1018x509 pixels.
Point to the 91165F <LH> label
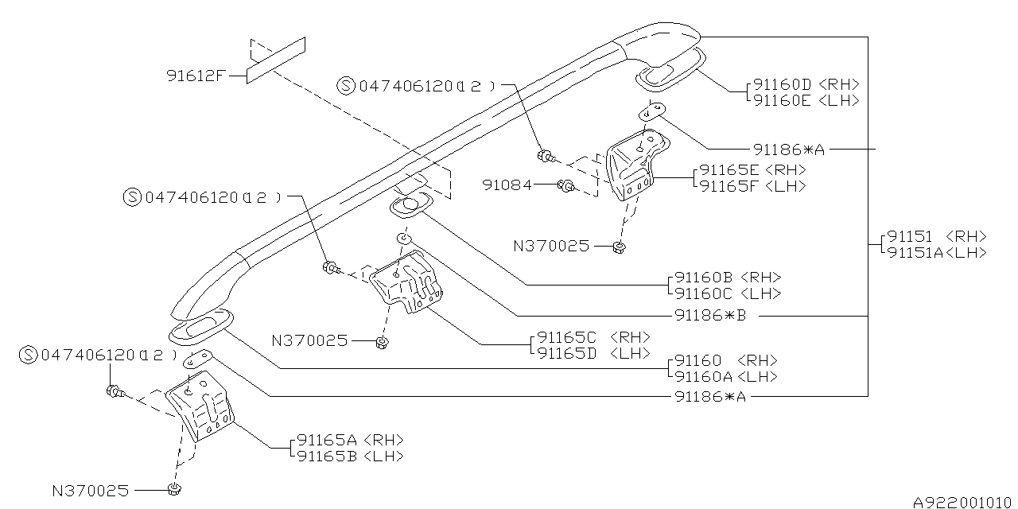tap(752, 186)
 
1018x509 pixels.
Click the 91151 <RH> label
tap(936, 236)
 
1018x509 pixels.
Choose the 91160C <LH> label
tap(727, 293)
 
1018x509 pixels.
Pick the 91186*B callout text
tap(710, 315)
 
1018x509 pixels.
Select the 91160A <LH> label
tap(725, 377)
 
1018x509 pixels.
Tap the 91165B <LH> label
tap(351, 456)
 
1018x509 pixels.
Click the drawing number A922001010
tap(963, 502)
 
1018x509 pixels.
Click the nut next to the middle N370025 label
tap(381, 343)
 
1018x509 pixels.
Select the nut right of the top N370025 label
tap(619, 247)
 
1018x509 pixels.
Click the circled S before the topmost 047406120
tap(346, 86)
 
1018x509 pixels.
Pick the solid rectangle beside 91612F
tap(275, 60)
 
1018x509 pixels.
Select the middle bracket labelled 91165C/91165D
tap(408, 282)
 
